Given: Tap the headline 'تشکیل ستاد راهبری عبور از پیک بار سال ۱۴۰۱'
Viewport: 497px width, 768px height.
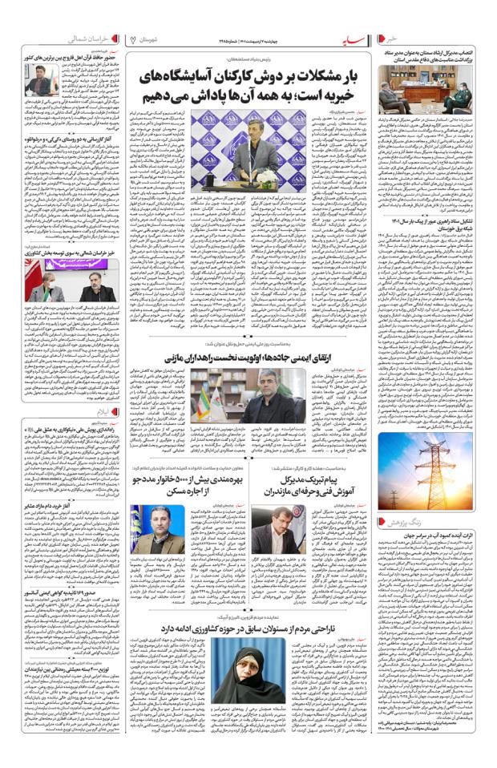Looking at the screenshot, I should click(x=426, y=220).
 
